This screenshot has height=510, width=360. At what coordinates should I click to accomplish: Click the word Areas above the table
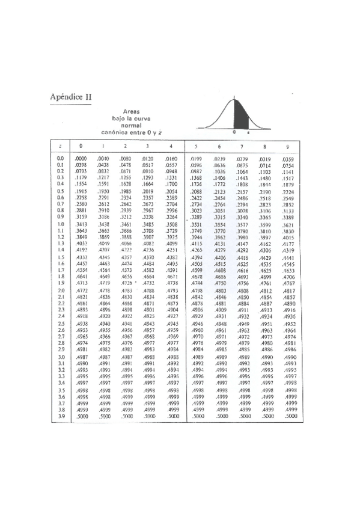click(131, 112)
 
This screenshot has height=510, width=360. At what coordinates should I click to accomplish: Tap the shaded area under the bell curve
click(239, 118)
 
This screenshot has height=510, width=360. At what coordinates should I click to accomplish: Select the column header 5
click(196, 146)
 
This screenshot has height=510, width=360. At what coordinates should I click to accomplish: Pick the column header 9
click(288, 146)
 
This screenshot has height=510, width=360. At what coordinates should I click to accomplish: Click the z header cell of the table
click(60, 146)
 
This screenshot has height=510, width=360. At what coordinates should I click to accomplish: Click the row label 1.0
click(60, 224)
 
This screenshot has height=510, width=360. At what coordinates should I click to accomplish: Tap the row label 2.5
click(60, 324)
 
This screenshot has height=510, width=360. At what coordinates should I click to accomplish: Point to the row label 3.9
click(60, 416)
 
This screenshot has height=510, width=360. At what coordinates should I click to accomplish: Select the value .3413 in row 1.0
click(81, 224)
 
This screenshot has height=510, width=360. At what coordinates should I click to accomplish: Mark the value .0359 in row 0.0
click(288, 159)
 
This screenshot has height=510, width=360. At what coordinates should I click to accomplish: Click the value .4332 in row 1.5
click(81, 257)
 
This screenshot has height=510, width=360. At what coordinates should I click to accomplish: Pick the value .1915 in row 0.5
click(81, 191)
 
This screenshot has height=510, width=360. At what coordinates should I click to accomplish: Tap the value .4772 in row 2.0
click(81, 290)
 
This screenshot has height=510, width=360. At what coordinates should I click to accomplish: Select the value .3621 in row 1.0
click(288, 224)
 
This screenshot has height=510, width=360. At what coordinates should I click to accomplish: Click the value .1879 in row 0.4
click(288, 184)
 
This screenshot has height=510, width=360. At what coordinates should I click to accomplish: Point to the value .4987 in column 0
click(81, 357)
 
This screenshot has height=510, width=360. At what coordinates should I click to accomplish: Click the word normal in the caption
click(131, 125)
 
